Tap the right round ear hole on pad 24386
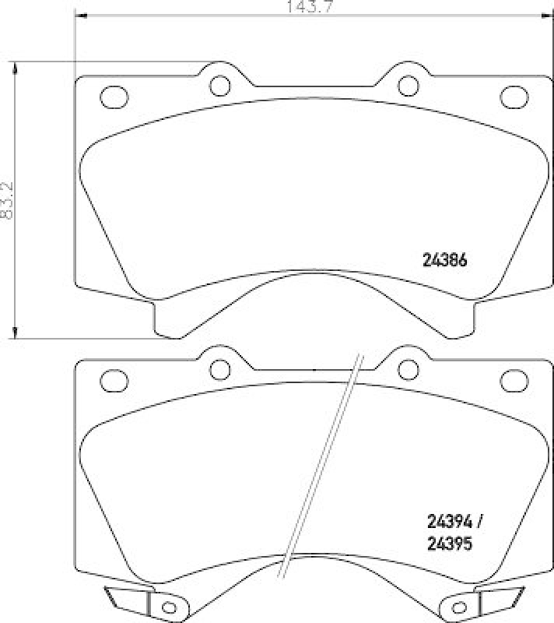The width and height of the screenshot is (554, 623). pyautogui.click(x=405, y=83)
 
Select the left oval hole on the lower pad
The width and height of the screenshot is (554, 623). pyautogui.click(x=114, y=381)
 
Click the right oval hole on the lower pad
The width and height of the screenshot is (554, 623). pyautogui.click(x=513, y=381)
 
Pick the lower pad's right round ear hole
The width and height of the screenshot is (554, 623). pyautogui.click(x=405, y=368)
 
